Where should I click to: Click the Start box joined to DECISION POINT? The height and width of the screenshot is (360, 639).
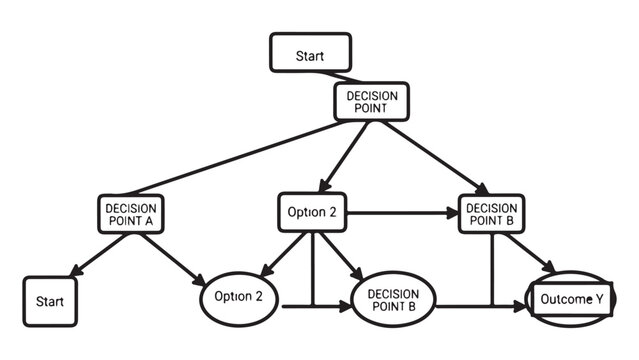tap(310, 54)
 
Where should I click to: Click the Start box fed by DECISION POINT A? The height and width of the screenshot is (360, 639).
tap(50, 300)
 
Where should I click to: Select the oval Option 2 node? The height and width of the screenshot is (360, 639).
tap(238, 297)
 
